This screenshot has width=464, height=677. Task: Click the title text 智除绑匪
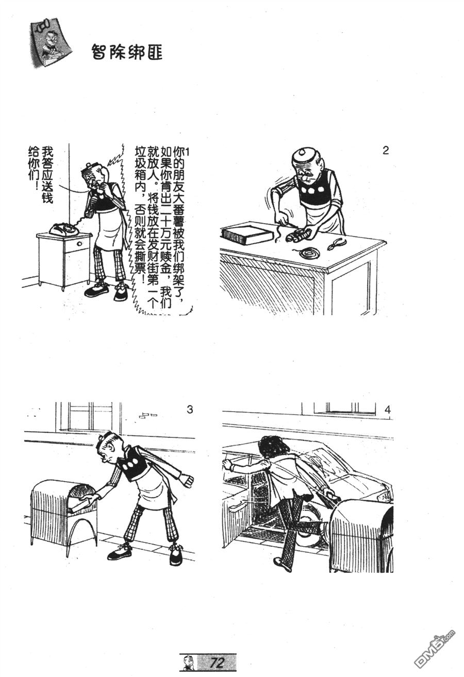click(x=127, y=52)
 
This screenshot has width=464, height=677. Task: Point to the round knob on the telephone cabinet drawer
click(x=79, y=244)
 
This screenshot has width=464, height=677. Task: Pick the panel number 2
click(x=385, y=150)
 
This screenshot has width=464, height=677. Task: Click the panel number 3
click(x=190, y=410)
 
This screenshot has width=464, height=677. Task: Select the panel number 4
click(x=388, y=410)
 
